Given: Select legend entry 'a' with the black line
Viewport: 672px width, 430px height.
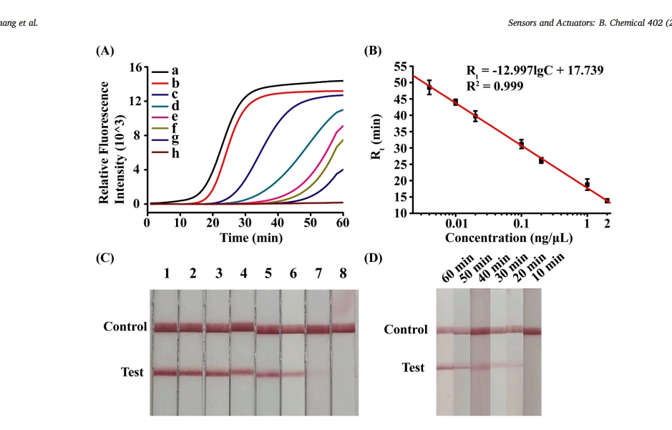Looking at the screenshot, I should pos(175,71).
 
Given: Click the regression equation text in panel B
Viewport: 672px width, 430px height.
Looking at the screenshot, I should pos(535,70).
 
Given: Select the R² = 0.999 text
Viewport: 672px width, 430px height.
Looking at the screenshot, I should pos(495,86).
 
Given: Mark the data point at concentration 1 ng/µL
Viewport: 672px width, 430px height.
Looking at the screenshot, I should pos(588,184).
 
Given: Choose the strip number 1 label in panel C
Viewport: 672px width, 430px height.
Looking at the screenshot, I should pos(166,273).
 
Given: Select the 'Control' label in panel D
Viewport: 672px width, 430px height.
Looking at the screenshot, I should pos(406,329).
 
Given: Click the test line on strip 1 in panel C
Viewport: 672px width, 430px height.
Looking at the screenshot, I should pos(165,372).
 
